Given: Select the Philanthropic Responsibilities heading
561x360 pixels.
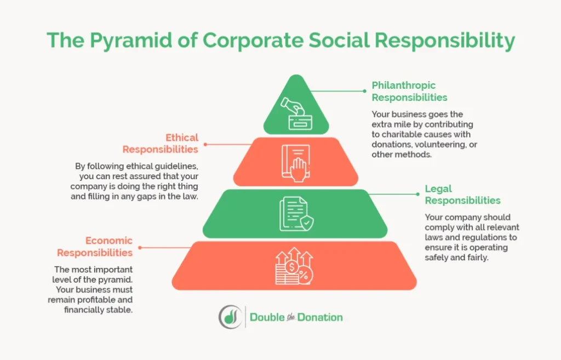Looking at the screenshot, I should [409, 92].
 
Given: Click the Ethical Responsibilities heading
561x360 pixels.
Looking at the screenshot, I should [161, 144].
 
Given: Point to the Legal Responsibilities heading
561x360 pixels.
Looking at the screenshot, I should [462, 195].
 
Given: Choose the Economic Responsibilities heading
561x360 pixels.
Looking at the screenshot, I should [95, 247].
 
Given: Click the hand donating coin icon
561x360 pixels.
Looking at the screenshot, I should [296, 112].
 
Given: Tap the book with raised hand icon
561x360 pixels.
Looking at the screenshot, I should [295, 162].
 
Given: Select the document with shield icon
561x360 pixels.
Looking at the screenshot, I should [296, 214].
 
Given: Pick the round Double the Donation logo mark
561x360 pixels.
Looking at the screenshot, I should [230, 317].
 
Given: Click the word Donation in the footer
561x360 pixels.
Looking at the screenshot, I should [320, 317].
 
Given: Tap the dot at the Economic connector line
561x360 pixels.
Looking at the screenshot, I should [140, 248].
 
